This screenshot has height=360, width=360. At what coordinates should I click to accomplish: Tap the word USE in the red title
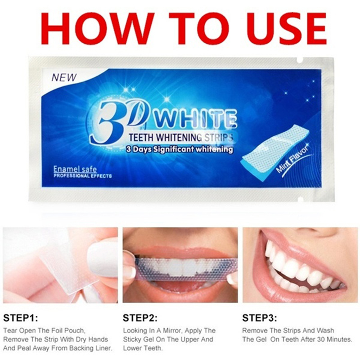pyautogui.click(x=279, y=28)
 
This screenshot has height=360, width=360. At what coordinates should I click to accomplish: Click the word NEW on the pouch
pyautogui.click(x=64, y=77)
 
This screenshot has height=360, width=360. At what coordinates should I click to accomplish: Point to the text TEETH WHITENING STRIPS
pyautogui.click(x=181, y=137)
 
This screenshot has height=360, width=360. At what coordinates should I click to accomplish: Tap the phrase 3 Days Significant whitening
pyautogui.click(x=179, y=149)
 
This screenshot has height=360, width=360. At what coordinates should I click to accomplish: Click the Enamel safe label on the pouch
pyautogui.click(x=75, y=169)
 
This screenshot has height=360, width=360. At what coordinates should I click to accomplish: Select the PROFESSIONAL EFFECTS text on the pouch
pyautogui.click(x=83, y=176)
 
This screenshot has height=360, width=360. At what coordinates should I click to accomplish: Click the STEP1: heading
pyautogui.click(x=20, y=319)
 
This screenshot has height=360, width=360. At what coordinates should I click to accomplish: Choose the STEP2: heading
pyautogui.click(x=140, y=318)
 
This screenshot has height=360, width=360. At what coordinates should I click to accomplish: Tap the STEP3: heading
pyautogui.click(x=260, y=318)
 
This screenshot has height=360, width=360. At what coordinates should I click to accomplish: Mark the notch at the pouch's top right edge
pyautogui.click(x=299, y=60)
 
